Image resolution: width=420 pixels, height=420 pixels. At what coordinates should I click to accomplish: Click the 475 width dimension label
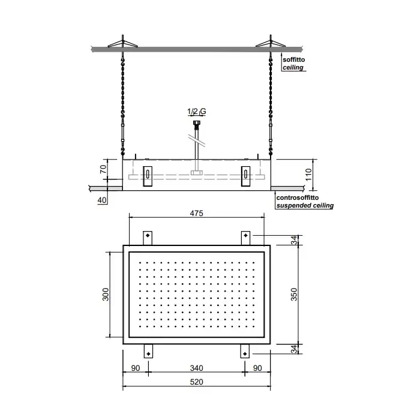(196, 213)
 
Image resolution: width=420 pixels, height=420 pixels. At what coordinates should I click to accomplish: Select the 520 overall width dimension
(196, 382)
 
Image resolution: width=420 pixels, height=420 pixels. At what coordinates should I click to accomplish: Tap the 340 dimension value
(196, 368)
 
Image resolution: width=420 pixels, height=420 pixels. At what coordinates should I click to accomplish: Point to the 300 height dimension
(106, 295)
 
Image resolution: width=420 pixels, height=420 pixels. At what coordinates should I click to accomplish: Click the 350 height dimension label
(294, 295)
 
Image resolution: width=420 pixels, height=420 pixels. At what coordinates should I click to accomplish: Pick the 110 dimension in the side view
(308, 175)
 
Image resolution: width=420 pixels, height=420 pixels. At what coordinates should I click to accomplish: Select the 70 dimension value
(103, 169)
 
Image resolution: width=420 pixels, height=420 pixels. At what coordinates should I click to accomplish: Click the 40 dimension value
(102, 200)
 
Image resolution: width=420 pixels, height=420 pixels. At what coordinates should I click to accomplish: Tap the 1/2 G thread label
(197, 111)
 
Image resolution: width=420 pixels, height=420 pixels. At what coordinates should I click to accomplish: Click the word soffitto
(293, 59)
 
